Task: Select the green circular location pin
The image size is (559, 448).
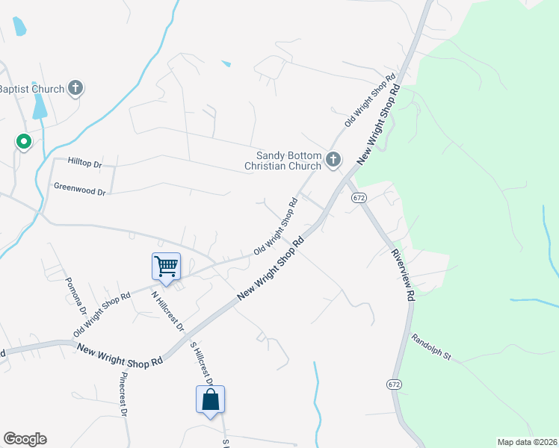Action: click(24, 141)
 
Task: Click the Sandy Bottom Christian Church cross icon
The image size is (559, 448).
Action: click(333, 159)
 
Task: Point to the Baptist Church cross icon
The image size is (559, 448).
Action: click(75, 89)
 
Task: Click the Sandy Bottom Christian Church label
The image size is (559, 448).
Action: click(283, 161)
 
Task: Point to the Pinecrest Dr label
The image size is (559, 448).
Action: click(122, 393)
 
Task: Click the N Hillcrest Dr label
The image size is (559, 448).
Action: click(167, 310)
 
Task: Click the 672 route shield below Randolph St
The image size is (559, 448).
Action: click(394, 384)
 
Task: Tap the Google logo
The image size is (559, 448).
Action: click(25, 439)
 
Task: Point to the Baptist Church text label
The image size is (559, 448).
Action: click(31, 90)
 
